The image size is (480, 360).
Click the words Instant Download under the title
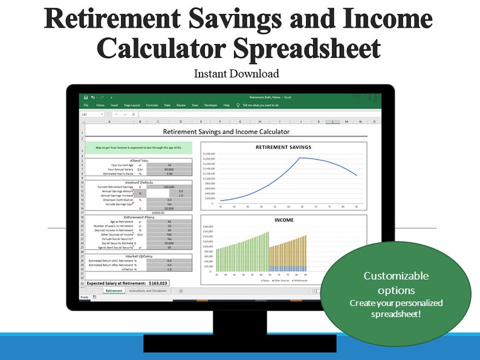236,74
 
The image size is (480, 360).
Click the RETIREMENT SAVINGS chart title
284,147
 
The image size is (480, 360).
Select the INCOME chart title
284,220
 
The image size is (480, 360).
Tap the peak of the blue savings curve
300,158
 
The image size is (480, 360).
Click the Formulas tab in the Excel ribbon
152,105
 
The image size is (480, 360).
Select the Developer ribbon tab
210,105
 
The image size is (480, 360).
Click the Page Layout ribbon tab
132,105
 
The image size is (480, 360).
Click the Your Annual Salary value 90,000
169,169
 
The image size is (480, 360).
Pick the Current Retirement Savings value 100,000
170,187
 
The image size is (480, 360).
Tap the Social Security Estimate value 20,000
170,243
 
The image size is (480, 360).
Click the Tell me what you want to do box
260,105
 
